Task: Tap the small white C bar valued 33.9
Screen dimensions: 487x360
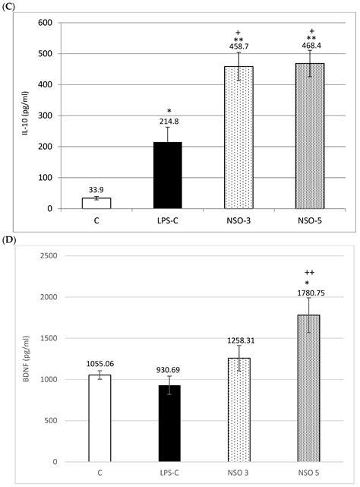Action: point(96,203)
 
